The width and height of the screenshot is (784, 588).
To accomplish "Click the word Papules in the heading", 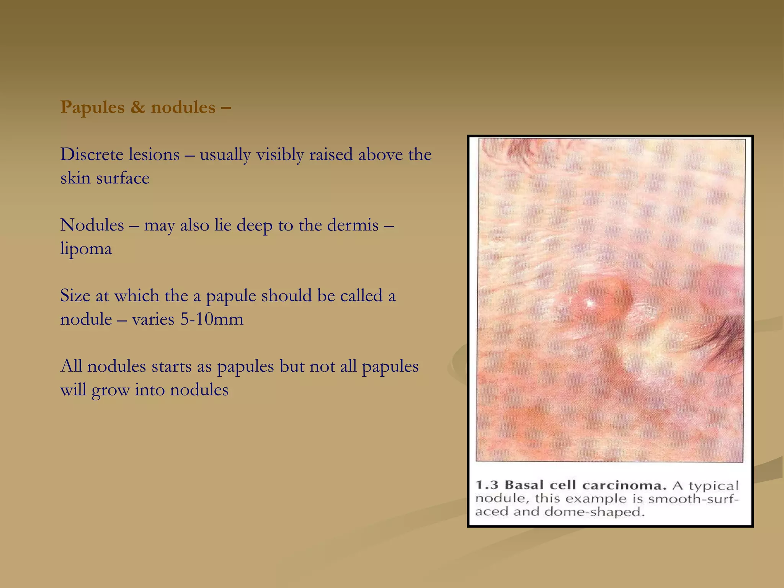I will (x=92, y=108).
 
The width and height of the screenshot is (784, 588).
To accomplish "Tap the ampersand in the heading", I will (x=137, y=107).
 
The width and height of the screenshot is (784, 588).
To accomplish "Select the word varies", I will (x=153, y=319).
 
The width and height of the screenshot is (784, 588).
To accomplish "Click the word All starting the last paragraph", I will (x=71, y=366).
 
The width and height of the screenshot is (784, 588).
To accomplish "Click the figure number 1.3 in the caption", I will (x=487, y=485).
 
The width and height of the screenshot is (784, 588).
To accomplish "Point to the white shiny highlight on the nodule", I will (x=589, y=304).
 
